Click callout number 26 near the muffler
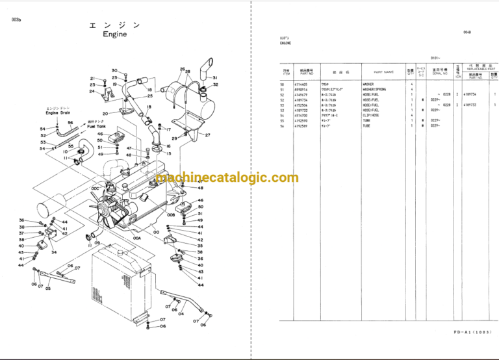183,69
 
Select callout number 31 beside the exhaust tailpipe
215,78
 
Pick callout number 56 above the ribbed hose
70,122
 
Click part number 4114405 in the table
304,84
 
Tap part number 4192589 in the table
304,125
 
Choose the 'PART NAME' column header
383,72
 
